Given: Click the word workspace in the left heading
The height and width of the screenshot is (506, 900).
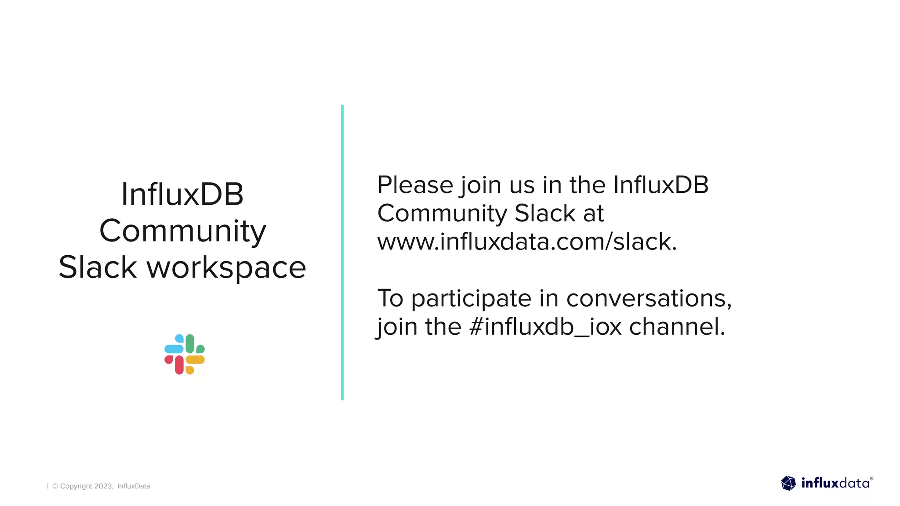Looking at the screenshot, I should tap(226, 267).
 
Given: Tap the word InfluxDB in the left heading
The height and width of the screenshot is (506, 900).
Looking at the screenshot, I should tap(182, 195).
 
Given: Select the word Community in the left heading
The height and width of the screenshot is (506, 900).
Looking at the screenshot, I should tap(182, 231).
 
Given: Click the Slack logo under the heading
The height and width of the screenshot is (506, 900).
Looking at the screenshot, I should tap(185, 354).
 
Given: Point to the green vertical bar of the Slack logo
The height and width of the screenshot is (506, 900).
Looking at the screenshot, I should tap(190, 343).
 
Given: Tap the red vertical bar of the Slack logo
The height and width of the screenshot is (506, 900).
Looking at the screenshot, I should tap(179, 365).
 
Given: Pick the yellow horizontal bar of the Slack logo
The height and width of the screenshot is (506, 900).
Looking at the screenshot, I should tap(195, 360).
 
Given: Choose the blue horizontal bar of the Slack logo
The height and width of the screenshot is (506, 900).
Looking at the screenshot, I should tap(174, 349).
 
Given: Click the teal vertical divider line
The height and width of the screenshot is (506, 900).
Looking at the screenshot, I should tap(342, 253).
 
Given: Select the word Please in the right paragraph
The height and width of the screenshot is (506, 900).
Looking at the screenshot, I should tap(415, 185).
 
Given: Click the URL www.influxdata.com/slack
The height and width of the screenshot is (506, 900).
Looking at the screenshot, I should tap(527, 242).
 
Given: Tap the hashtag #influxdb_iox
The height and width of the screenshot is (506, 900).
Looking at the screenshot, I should tap(545, 327).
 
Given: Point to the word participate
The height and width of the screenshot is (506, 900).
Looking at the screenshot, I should tap(471, 299).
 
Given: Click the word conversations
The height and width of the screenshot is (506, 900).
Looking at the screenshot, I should tap(649, 299).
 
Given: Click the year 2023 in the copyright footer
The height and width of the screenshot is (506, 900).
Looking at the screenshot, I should tap(103, 486).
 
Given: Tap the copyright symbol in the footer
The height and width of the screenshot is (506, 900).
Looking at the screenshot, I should tap(55, 486).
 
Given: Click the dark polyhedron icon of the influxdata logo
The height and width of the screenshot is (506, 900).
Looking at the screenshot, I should tap(788, 483).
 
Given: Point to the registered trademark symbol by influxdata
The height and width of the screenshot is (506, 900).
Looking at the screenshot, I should tap(871, 479).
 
